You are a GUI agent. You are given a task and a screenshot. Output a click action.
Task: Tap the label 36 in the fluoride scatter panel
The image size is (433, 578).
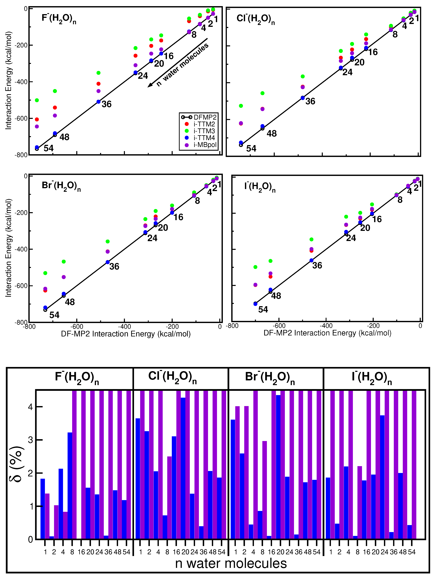[x=107, y=104]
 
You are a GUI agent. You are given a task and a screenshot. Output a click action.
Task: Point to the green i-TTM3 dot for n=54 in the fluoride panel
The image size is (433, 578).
[x=37, y=100]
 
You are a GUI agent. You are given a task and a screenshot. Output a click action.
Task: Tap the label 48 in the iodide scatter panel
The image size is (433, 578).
[x=276, y=296]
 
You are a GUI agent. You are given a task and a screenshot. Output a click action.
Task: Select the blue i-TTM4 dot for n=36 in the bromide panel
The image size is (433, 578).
[x=108, y=262]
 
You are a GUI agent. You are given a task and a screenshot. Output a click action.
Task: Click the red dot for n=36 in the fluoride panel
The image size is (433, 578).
[x=99, y=84]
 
